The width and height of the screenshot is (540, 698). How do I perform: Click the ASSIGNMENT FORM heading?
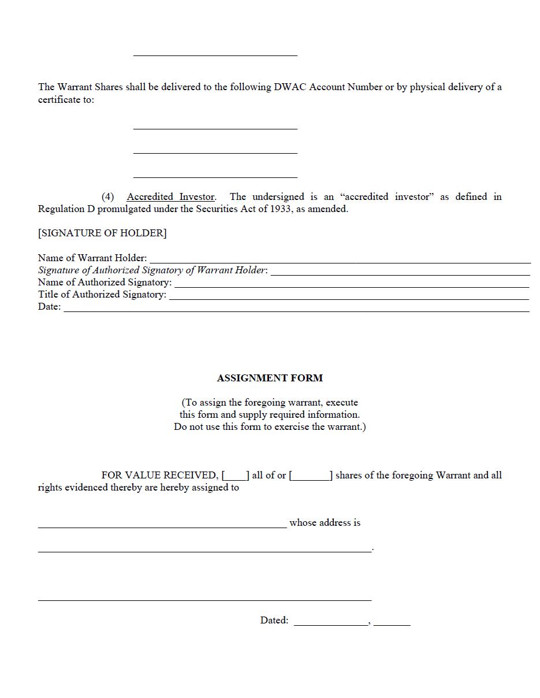click(x=270, y=378)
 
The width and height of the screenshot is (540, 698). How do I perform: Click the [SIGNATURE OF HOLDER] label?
click(x=102, y=233)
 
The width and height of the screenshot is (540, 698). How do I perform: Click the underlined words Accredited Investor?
click(x=170, y=197)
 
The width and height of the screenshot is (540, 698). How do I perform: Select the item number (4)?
click(x=108, y=197)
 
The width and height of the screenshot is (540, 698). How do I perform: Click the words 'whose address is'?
click(x=325, y=522)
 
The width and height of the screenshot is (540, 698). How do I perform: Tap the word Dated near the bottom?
click(x=274, y=620)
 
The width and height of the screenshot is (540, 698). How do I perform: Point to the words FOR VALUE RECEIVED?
click(x=159, y=475)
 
